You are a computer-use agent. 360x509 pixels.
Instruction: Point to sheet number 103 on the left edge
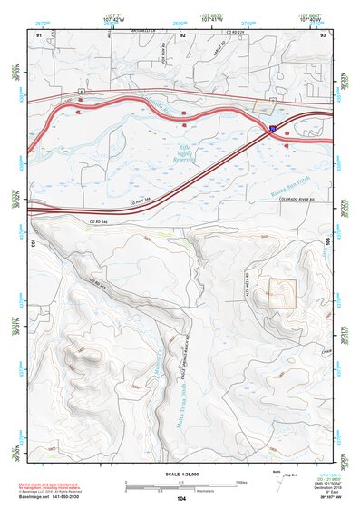tap(32, 244)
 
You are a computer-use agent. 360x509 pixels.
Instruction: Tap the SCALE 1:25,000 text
tap(180, 475)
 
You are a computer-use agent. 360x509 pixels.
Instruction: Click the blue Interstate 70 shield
tap(272, 131)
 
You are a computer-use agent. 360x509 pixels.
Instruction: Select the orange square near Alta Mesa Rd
tap(282, 293)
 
